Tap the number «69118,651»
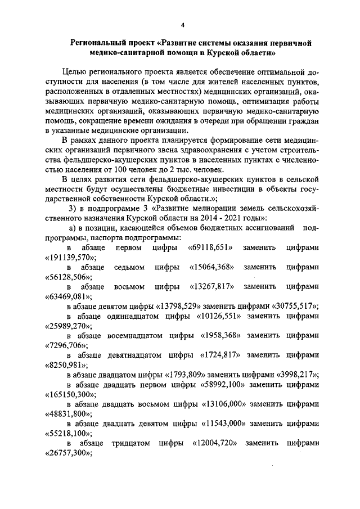coord(211,248)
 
